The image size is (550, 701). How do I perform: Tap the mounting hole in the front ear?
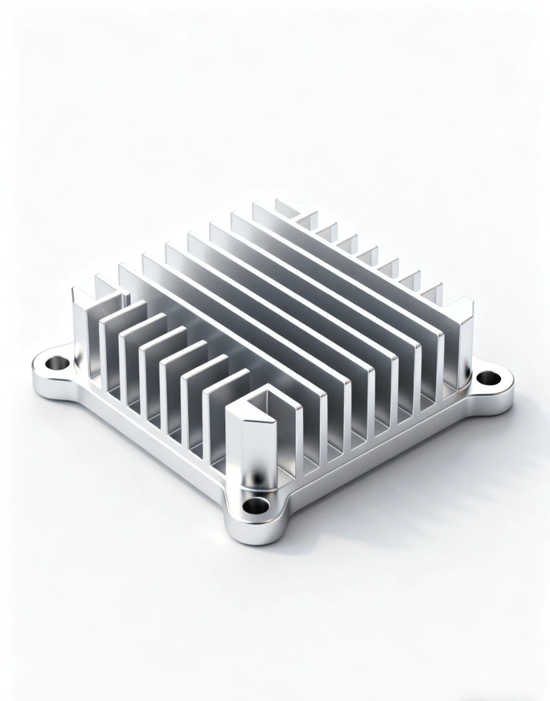point(256,506)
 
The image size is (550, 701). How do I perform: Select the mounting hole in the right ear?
point(486,377)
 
